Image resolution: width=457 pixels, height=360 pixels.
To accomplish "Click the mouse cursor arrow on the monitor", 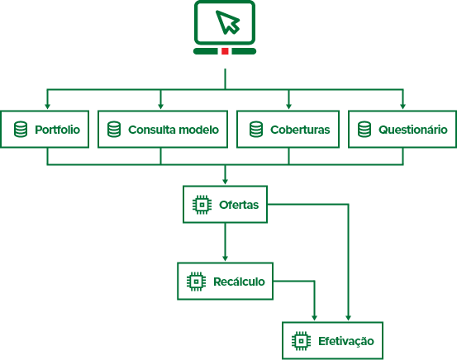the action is click(x=227, y=22).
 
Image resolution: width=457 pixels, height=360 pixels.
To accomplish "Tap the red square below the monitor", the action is click(x=225, y=51).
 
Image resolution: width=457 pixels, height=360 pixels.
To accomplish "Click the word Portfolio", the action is click(x=57, y=130).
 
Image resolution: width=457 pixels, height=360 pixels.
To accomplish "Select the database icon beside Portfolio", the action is click(x=21, y=130).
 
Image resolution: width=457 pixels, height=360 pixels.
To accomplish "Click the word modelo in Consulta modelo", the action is click(x=199, y=130).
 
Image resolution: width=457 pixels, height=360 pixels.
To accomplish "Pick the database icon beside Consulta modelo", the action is click(x=114, y=130).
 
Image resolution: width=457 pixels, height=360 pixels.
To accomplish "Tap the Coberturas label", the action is click(x=300, y=130).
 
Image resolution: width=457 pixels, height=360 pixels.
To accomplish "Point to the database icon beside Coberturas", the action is click(x=256, y=130).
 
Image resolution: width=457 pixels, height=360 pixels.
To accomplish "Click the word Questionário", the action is click(x=413, y=130).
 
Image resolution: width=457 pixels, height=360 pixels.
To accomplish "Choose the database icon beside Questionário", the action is click(x=364, y=130).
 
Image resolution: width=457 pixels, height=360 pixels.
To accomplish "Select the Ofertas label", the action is click(x=239, y=205).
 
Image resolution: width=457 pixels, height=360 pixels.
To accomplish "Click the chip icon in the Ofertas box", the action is click(x=202, y=205).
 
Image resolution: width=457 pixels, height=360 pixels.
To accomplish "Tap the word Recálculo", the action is click(x=239, y=282).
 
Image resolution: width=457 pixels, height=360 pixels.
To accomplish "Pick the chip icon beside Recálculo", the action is click(x=196, y=282).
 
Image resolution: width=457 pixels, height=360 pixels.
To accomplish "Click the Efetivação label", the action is click(x=346, y=341).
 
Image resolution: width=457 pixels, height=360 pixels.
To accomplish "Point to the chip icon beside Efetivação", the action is click(x=302, y=341).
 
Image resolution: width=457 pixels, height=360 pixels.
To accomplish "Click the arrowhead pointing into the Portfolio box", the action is click(x=47, y=107).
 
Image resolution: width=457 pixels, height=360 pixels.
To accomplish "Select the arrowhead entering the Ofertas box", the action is click(x=225, y=181).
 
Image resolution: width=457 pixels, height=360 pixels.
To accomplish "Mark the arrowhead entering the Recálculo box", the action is click(x=225, y=258).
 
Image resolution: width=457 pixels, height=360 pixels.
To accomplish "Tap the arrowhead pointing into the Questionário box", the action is click(x=403, y=107).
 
